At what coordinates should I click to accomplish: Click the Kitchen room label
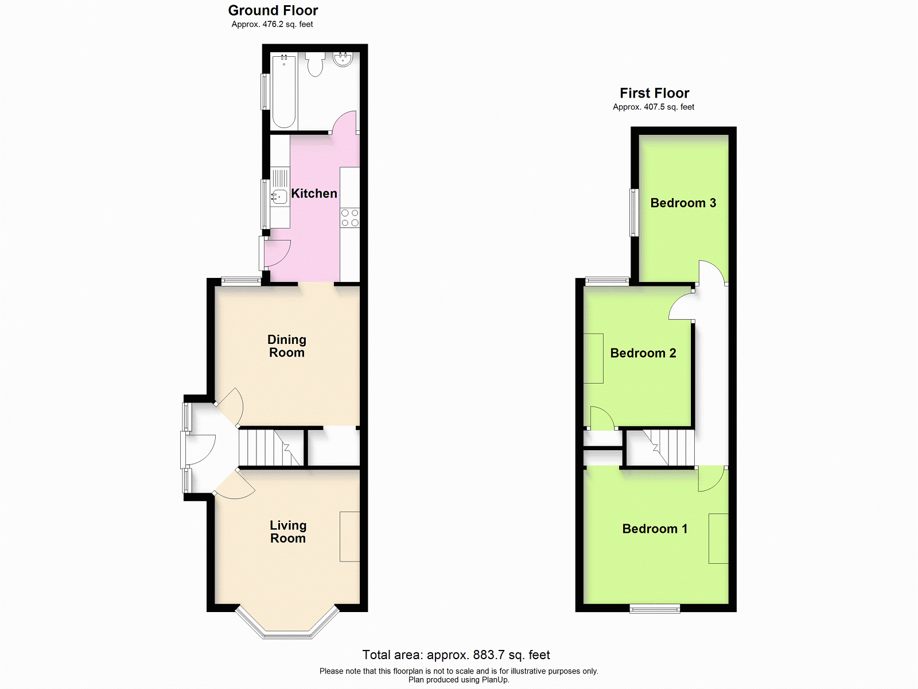point(314,193)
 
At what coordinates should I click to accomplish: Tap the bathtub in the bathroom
point(284,91)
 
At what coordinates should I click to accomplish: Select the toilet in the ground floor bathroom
point(315,64)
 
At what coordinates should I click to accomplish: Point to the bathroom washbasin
point(343,59)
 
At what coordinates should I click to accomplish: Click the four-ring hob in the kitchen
point(350,218)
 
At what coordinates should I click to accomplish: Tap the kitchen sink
point(279,196)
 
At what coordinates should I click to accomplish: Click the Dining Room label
point(287,346)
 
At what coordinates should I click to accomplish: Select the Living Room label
point(288,532)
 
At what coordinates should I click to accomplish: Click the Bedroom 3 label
point(683,203)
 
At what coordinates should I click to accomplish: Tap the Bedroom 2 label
point(643,353)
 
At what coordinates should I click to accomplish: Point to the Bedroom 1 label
point(655,529)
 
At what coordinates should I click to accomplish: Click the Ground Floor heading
point(273,10)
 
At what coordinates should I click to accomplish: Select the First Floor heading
point(655,93)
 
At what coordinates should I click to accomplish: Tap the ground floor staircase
point(271,448)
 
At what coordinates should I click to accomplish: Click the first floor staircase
point(660,448)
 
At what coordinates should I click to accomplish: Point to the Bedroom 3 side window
point(634,212)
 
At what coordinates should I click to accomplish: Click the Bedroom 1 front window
point(655,609)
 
